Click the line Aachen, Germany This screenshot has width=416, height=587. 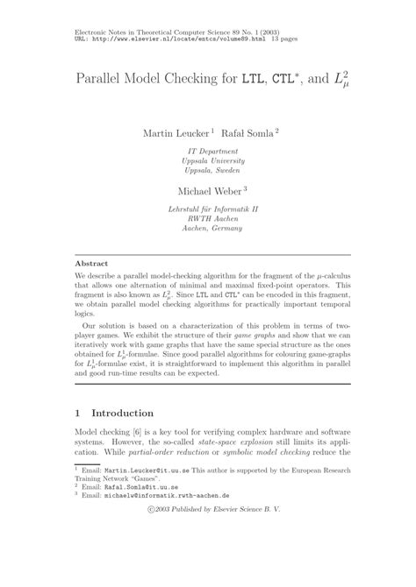[209, 230]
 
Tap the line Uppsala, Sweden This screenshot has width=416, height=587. [209, 173]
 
